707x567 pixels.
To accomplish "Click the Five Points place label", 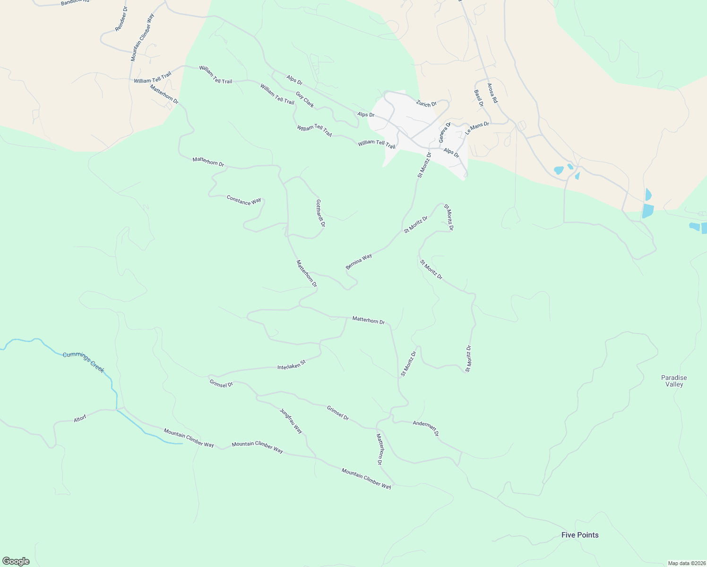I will coord(580,535).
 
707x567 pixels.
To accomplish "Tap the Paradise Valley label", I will coord(674,381).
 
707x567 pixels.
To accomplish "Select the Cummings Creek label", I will coord(84,362).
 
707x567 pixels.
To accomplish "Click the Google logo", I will coord(16,561).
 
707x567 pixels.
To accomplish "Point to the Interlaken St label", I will coord(291,365).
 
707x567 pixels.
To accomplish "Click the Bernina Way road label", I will coord(359,262).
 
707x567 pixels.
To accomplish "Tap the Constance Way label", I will coord(244,200).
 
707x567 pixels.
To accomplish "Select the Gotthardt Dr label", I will coord(320,213).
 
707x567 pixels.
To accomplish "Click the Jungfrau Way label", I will coord(291,421).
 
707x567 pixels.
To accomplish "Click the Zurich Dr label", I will coord(426,103).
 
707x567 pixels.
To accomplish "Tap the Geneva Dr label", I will coord(445,132).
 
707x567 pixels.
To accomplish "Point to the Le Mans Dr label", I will coord(477,128).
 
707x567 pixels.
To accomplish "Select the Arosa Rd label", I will coord(492,94).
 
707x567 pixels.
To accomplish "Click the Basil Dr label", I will coord(479,98).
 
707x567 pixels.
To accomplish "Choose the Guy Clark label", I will coord(305,100).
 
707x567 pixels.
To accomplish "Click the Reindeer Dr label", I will coord(121,19).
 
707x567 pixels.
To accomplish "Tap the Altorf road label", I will coord(80,419).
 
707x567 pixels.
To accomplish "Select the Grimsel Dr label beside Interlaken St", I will coord(221,384).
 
